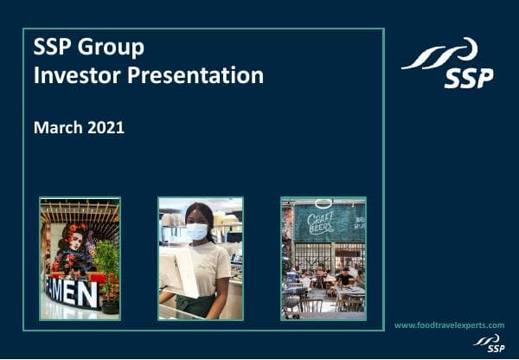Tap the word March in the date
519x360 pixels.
[57, 127]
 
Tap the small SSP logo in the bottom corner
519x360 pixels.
[490, 343]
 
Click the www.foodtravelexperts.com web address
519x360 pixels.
[449, 325]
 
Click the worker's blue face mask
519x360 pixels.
[197, 231]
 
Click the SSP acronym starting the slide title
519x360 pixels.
[51, 46]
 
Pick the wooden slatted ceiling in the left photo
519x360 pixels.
[80, 209]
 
